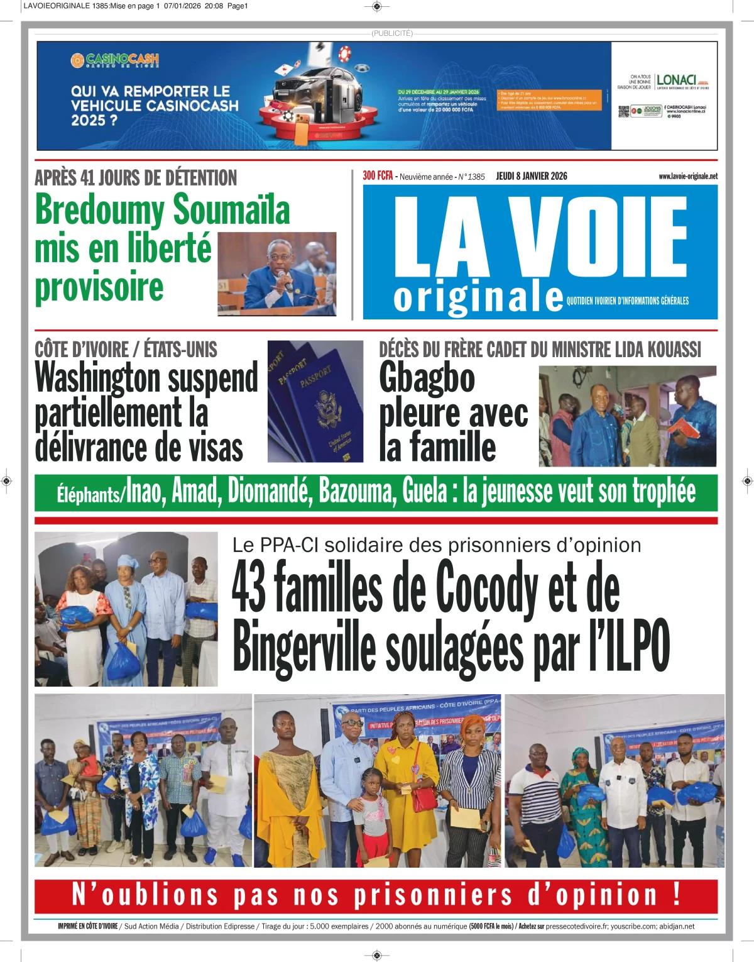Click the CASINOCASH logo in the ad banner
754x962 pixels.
114,60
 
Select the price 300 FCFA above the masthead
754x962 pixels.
378,176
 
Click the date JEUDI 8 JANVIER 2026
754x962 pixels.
532,176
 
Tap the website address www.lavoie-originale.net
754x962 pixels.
687,177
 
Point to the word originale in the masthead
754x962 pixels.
478,298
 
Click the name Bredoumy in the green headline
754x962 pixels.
99,209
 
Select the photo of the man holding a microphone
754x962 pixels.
277,274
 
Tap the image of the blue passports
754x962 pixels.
315,402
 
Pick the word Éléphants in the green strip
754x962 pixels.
89,495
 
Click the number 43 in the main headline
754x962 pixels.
249,588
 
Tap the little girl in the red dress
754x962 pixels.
373,817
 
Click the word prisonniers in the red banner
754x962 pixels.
433,895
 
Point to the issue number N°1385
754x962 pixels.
471,177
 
